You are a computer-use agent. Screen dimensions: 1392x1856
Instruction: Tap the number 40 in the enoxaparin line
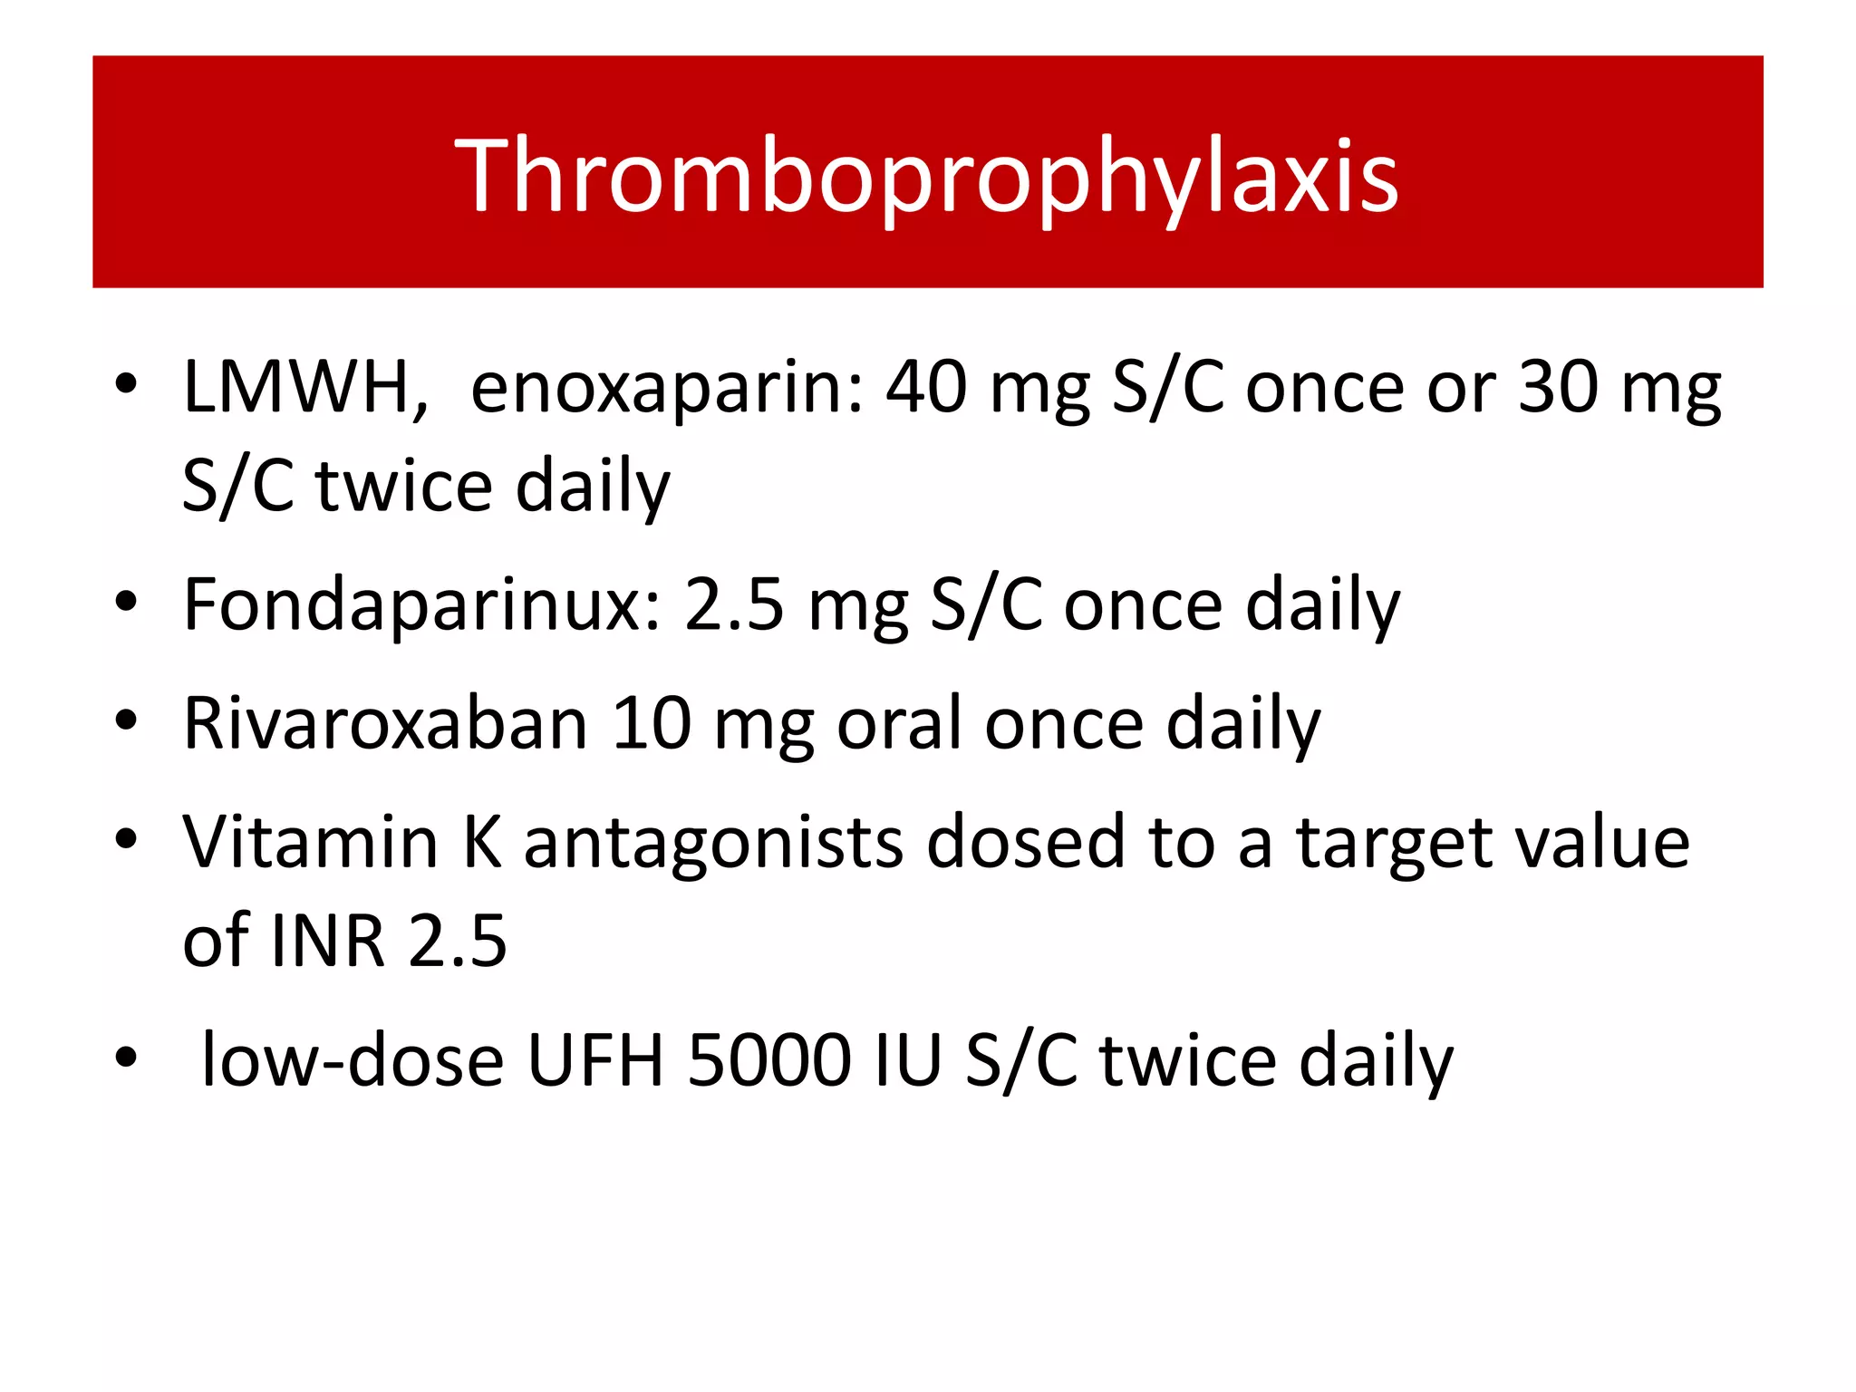926,387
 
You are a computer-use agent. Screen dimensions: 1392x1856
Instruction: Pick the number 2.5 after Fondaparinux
734,605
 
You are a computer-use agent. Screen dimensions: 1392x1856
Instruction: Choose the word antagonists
713,844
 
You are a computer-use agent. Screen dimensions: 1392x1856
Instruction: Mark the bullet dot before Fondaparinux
126,600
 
